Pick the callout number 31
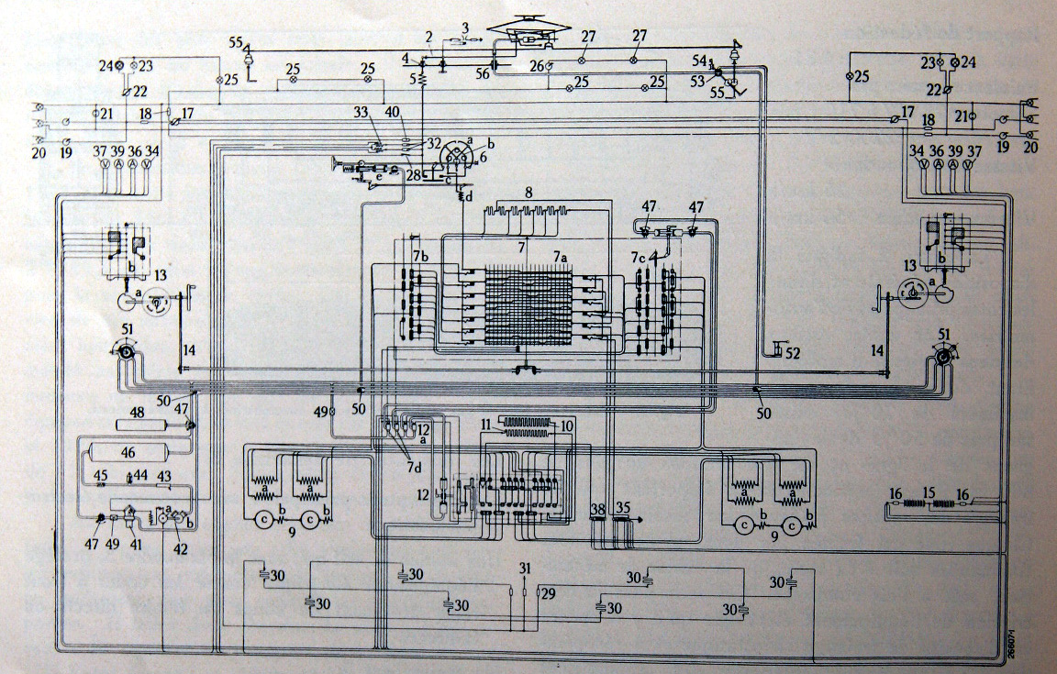coord(525,569)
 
